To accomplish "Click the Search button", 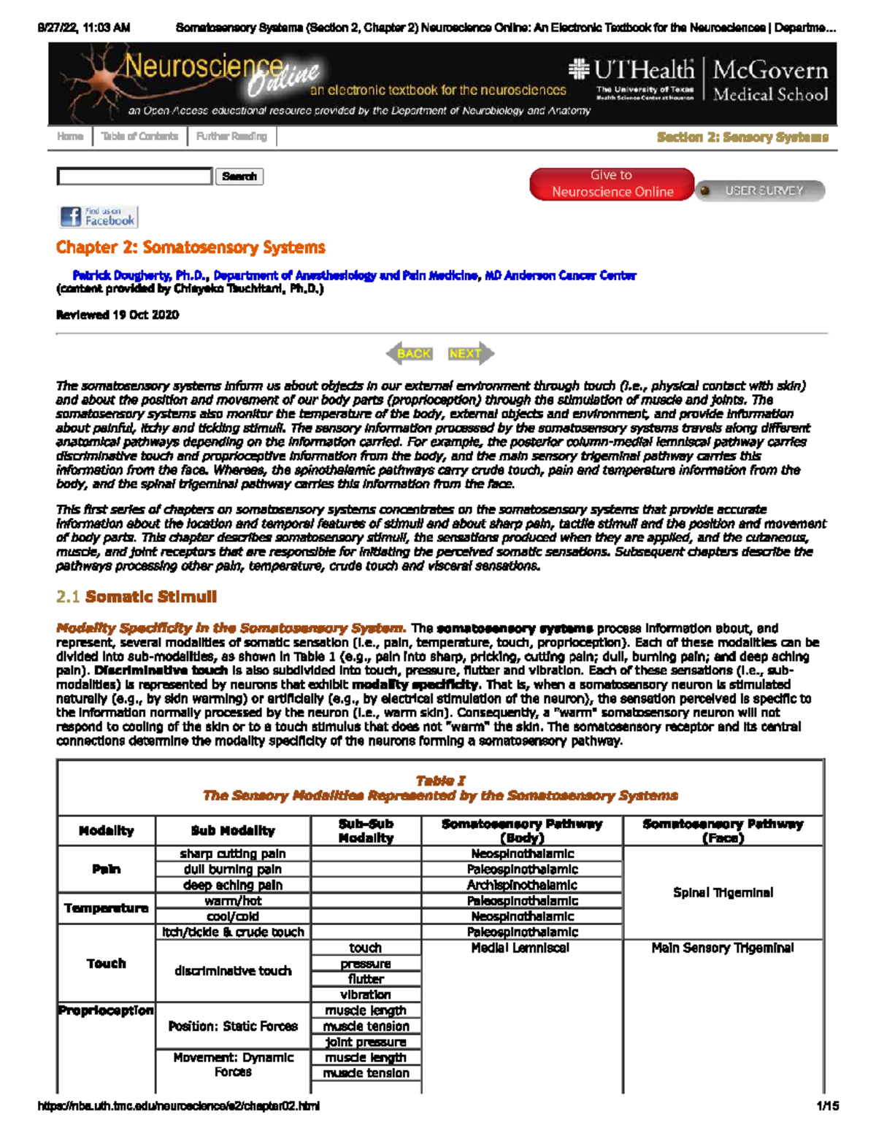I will click(x=239, y=177).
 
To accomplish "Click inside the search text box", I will click(x=135, y=177).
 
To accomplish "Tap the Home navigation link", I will click(x=70, y=136).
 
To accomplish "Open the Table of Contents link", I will click(x=139, y=136).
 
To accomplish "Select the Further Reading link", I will click(x=231, y=136).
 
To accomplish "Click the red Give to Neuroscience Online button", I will click(x=612, y=184).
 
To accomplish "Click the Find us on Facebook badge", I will click(x=99, y=217).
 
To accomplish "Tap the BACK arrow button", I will click(x=410, y=354).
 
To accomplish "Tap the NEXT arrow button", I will click(x=469, y=354).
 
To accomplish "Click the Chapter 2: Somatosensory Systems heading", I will click(x=191, y=247).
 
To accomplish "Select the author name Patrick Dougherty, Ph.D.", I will click(x=141, y=276).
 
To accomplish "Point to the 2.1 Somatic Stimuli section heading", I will click(x=137, y=597).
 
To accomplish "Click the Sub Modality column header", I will click(x=233, y=831).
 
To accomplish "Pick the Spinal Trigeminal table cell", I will click(x=723, y=893).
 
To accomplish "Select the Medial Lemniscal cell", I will click(x=520, y=948).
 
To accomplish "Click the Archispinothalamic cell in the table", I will click(x=522, y=886).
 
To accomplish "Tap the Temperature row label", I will click(x=107, y=908).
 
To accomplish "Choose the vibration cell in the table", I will click(x=366, y=995).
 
